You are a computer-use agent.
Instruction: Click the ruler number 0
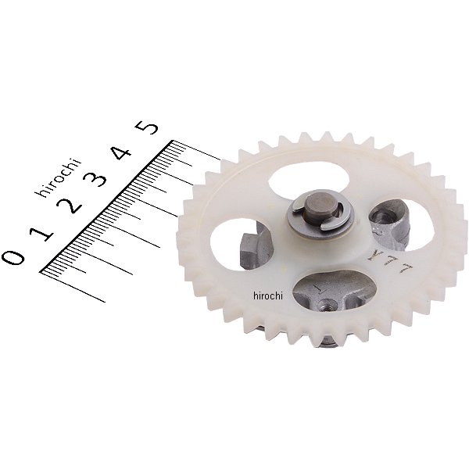click(x=13, y=257)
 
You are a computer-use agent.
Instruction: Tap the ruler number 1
click(x=41, y=233)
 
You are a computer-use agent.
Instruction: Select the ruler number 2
click(x=70, y=206)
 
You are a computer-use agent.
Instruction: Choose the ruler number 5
click(x=147, y=125)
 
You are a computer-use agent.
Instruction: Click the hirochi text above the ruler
click(x=59, y=177)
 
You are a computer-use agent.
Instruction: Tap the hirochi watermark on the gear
click(x=267, y=295)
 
